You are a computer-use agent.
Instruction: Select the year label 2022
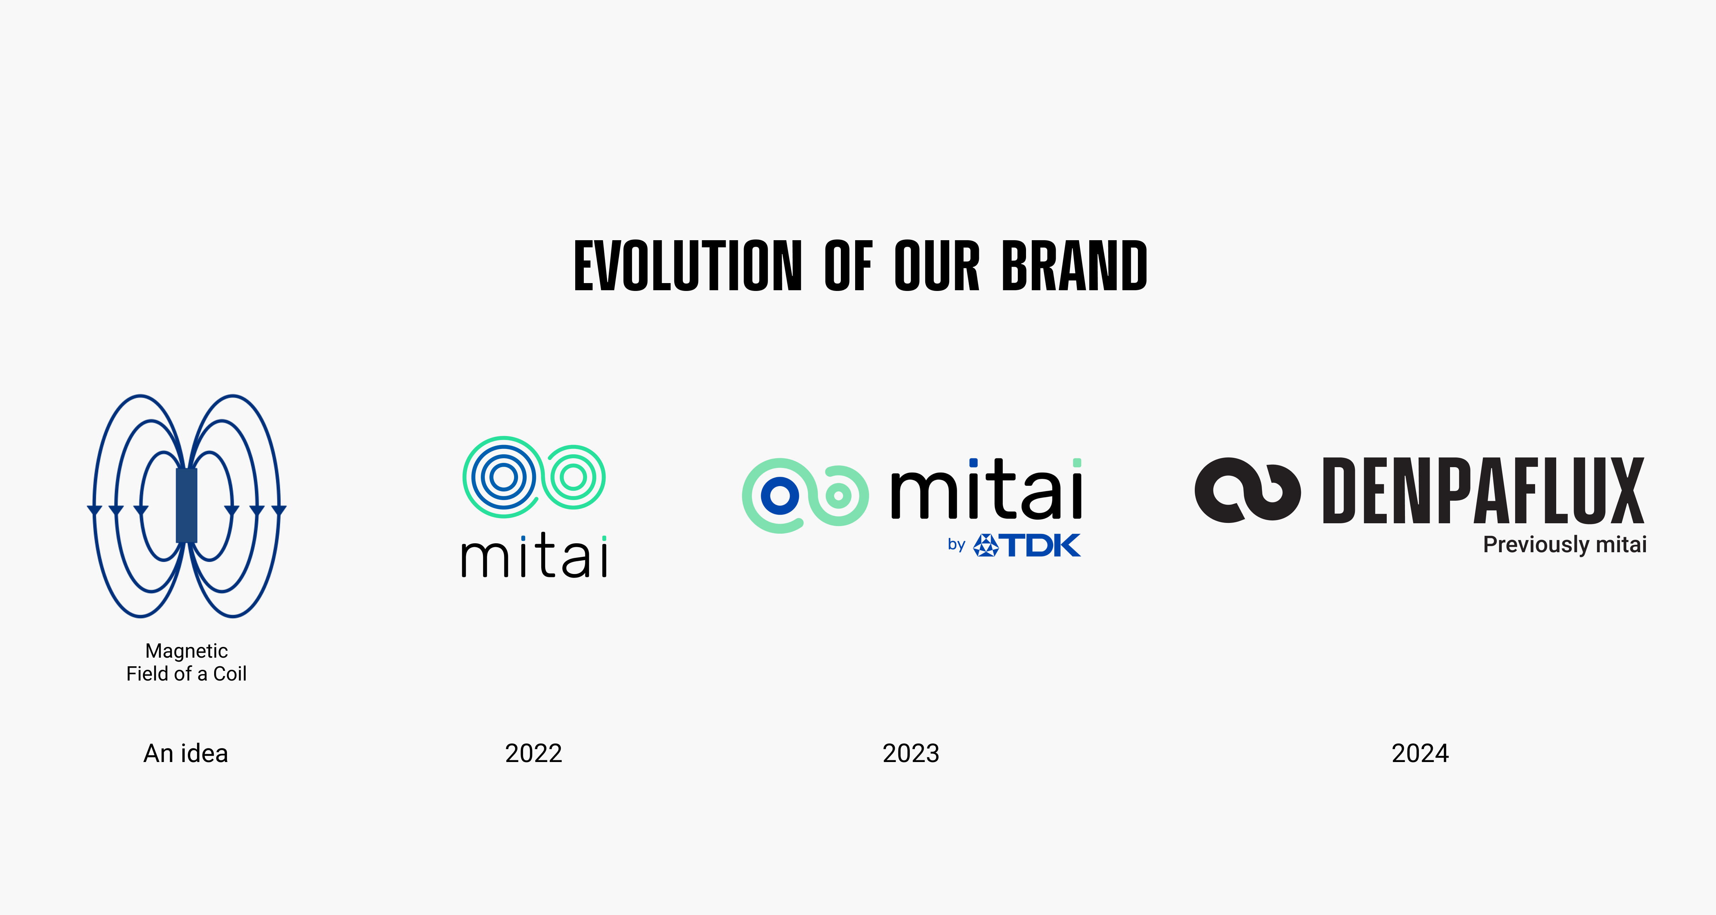pos(534,753)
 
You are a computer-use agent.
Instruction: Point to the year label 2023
pos(911,753)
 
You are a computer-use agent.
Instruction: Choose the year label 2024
pos(1420,753)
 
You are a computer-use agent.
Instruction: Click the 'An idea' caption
pos(186,753)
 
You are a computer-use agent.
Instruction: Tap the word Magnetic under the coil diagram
pos(187,651)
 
